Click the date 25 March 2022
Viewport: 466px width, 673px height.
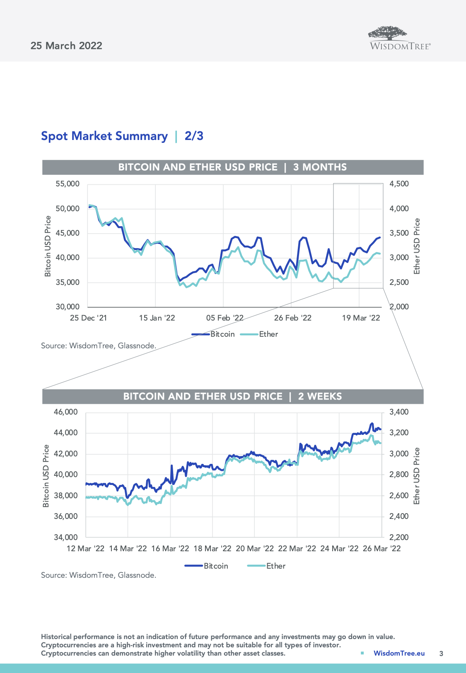point(66,46)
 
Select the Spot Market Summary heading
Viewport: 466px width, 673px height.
point(104,136)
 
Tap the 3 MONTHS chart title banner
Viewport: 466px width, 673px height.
point(232,167)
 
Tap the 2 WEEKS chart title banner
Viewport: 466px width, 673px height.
point(232,396)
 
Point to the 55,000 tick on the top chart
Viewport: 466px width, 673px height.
point(68,184)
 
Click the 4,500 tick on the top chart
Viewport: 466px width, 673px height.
point(399,184)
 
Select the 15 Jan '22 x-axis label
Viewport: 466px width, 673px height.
point(157,318)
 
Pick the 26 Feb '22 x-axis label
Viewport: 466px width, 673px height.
point(292,318)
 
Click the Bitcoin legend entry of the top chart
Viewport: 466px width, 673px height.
point(214,334)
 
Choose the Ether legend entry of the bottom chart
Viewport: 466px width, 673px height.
point(267,566)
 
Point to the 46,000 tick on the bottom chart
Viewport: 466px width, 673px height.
point(66,412)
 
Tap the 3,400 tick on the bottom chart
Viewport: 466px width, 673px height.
point(399,412)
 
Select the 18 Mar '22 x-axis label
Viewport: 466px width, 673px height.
point(212,549)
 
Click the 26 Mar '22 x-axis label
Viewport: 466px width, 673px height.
point(381,549)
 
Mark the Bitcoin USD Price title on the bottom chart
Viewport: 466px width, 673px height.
point(46,475)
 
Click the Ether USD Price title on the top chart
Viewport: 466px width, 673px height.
point(417,246)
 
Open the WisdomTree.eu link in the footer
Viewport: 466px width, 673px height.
point(399,653)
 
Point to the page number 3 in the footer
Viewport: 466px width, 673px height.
point(441,654)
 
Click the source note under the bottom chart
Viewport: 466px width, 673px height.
point(99,575)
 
